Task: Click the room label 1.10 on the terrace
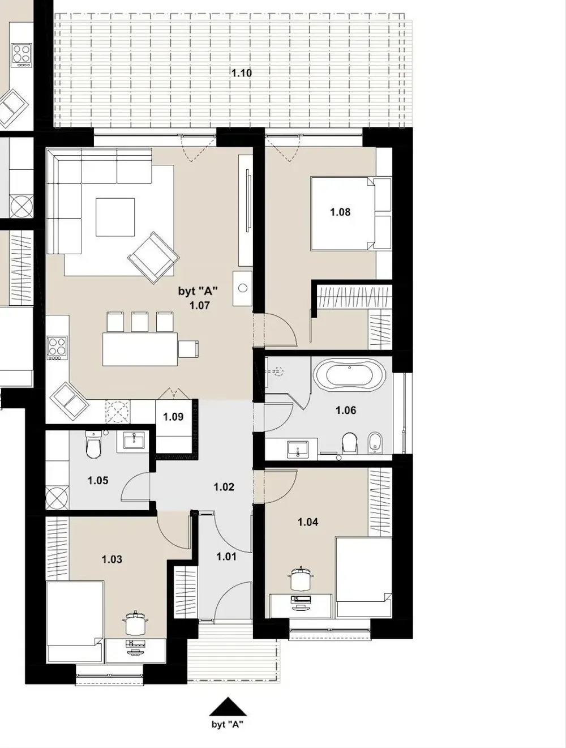242,73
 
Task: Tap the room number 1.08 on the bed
340,212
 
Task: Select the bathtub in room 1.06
349,374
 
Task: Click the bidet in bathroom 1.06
375,443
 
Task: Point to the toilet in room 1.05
93,444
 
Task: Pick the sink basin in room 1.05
134,442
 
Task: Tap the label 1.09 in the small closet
173,416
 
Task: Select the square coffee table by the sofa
115,217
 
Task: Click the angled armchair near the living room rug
153,258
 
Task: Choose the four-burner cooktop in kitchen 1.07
57,348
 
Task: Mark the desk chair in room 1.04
301,578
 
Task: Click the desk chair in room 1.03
136,623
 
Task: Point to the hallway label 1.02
224,487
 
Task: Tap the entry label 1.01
226,557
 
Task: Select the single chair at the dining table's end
188,349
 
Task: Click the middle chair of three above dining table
140,322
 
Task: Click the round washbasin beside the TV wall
243,288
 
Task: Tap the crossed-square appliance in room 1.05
57,498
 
